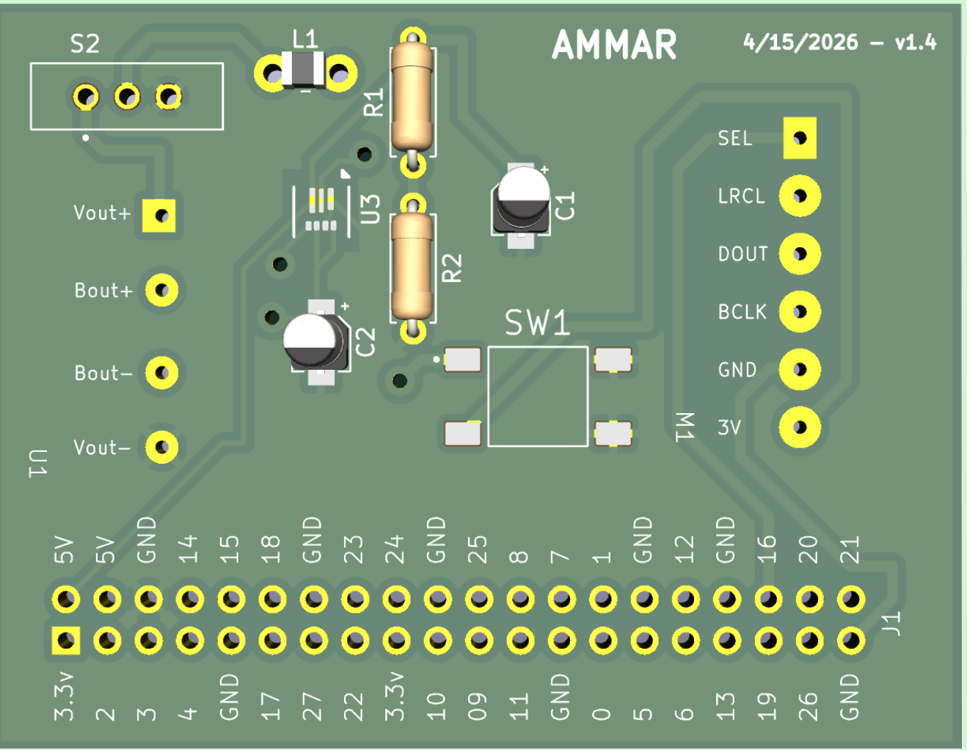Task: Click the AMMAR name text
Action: pyautogui.click(x=614, y=45)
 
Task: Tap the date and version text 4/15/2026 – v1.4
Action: pyautogui.click(x=839, y=43)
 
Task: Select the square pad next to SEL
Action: pyautogui.click(x=800, y=138)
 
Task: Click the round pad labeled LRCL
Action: pyautogui.click(x=800, y=196)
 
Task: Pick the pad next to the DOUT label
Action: pyautogui.click(x=800, y=254)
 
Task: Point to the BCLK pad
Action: pyautogui.click(x=800, y=312)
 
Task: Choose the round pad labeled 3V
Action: pyautogui.click(x=800, y=427)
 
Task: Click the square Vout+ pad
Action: pyautogui.click(x=160, y=216)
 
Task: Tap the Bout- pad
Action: pyautogui.click(x=161, y=373)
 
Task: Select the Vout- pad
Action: pyautogui.click(x=161, y=447)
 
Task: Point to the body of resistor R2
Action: pyautogui.click(x=412, y=267)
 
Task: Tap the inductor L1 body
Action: pyautogui.click(x=304, y=71)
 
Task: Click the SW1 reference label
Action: pyautogui.click(x=537, y=323)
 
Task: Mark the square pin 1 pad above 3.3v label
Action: pyautogui.click(x=66, y=641)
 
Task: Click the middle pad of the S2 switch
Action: pyautogui.click(x=128, y=96)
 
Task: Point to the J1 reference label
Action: pyautogui.click(x=891, y=624)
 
